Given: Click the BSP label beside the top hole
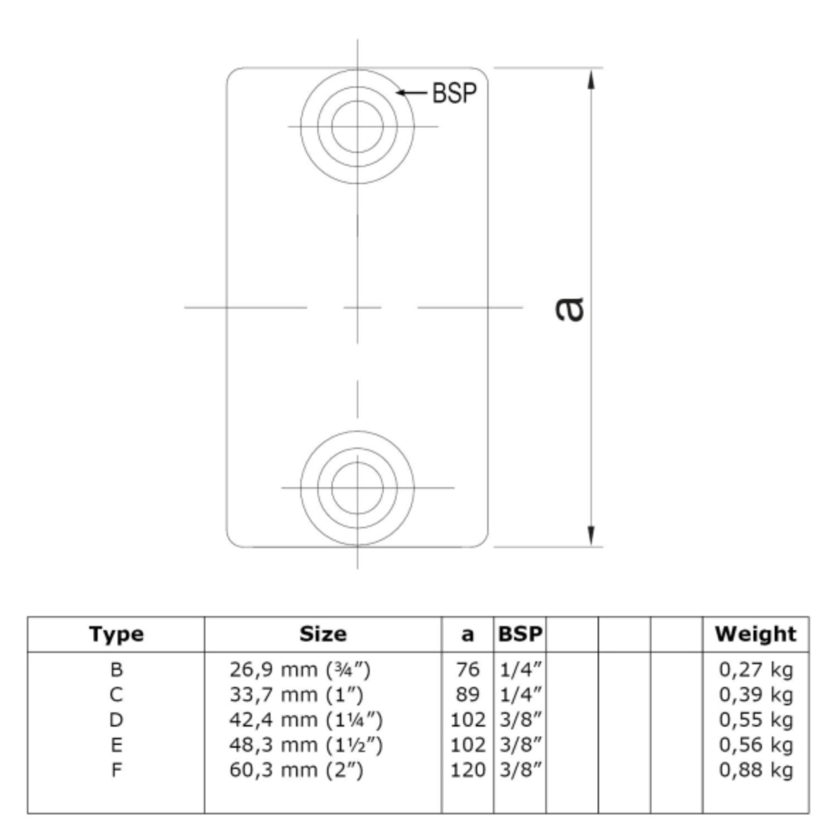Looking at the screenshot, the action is point(455,93).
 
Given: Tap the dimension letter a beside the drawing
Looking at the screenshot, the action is point(569,309).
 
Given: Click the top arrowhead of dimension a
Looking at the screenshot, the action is point(591,79).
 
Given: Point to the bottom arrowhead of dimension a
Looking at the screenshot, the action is point(591,536).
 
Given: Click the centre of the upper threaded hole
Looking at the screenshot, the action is point(357,127).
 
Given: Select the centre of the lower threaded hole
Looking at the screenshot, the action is point(357,487).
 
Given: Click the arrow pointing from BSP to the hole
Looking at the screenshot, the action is point(412,93).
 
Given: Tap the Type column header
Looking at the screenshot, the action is point(116,634).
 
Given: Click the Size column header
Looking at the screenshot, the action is point(323,634).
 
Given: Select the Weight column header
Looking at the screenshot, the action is point(756,634).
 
